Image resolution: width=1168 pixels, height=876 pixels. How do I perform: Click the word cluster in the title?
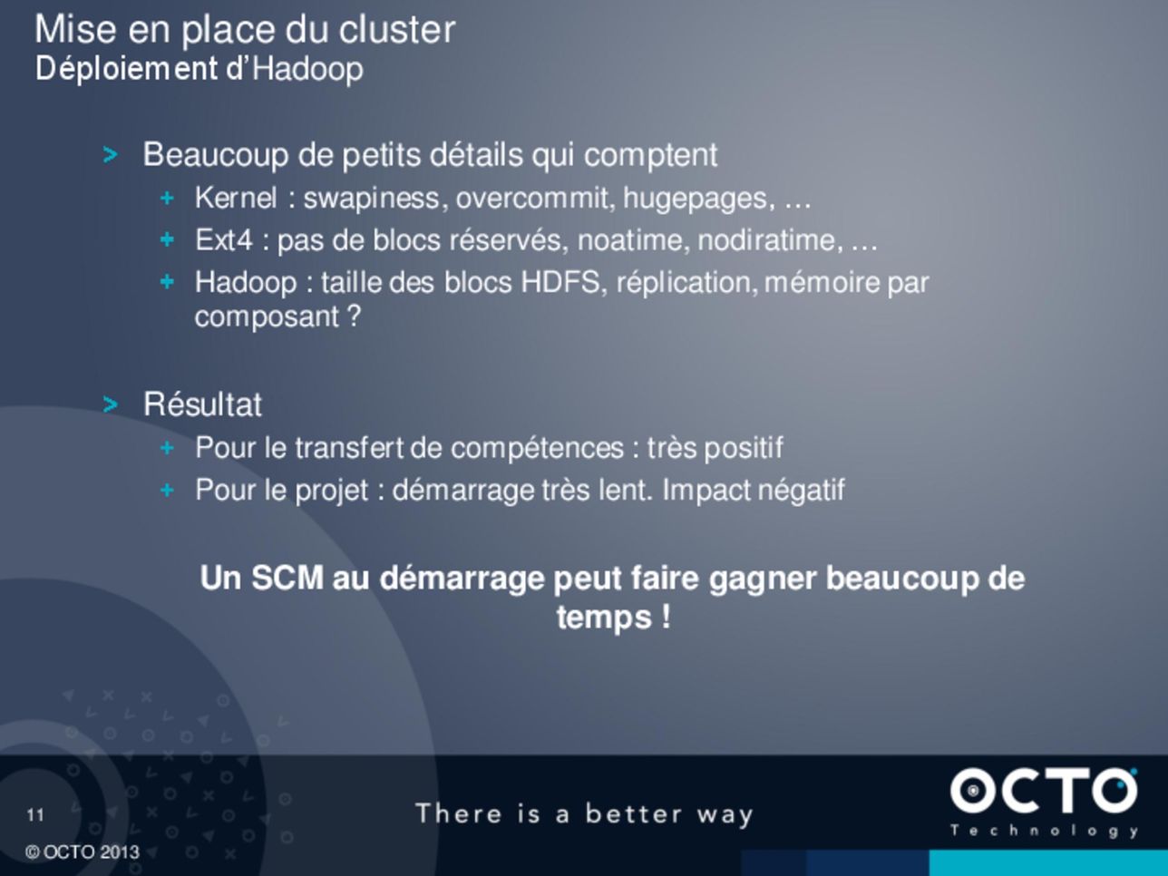point(397,29)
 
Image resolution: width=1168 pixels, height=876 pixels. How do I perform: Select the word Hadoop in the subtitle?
point(307,70)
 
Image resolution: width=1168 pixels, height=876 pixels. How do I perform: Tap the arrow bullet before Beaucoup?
point(110,155)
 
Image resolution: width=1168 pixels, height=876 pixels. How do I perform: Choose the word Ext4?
point(223,240)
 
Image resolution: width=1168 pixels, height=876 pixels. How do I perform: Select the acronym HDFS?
point(563,282)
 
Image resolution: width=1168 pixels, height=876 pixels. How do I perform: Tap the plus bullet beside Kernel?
point(167,198)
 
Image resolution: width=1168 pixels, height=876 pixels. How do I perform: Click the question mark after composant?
point(354,316)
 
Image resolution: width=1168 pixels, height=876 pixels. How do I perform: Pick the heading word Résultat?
point(202,404)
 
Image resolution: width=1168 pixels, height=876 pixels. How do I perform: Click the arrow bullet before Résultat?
point(110,404)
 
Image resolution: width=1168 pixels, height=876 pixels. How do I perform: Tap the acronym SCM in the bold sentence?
point(287,578)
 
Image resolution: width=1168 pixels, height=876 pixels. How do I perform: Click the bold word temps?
point(604,618)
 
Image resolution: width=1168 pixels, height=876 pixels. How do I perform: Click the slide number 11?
point(35,815)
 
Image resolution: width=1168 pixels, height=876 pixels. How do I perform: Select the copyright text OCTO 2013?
point(91,852)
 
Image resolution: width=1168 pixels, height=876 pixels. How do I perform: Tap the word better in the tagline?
point(634,813)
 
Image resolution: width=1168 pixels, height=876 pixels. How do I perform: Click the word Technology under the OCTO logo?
point(1044,832)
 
